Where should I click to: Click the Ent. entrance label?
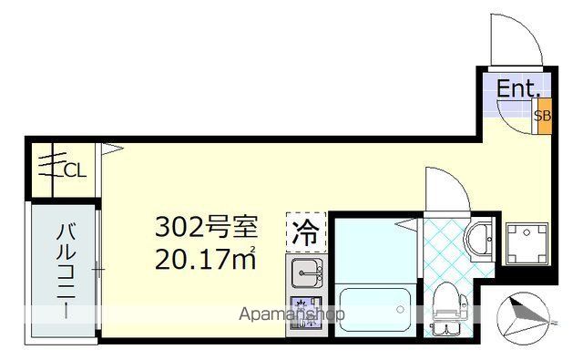(x=518, y=88)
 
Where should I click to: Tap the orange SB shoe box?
(x=542, y=116)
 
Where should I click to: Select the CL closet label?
(x=76, y=169)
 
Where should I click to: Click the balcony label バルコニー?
(x=66, y=271)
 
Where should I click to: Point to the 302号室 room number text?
(x=207, y=224)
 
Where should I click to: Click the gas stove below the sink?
(x=305, y=311)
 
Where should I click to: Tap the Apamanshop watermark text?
(x=291, y=314)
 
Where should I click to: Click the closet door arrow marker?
(x=109, y=146)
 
